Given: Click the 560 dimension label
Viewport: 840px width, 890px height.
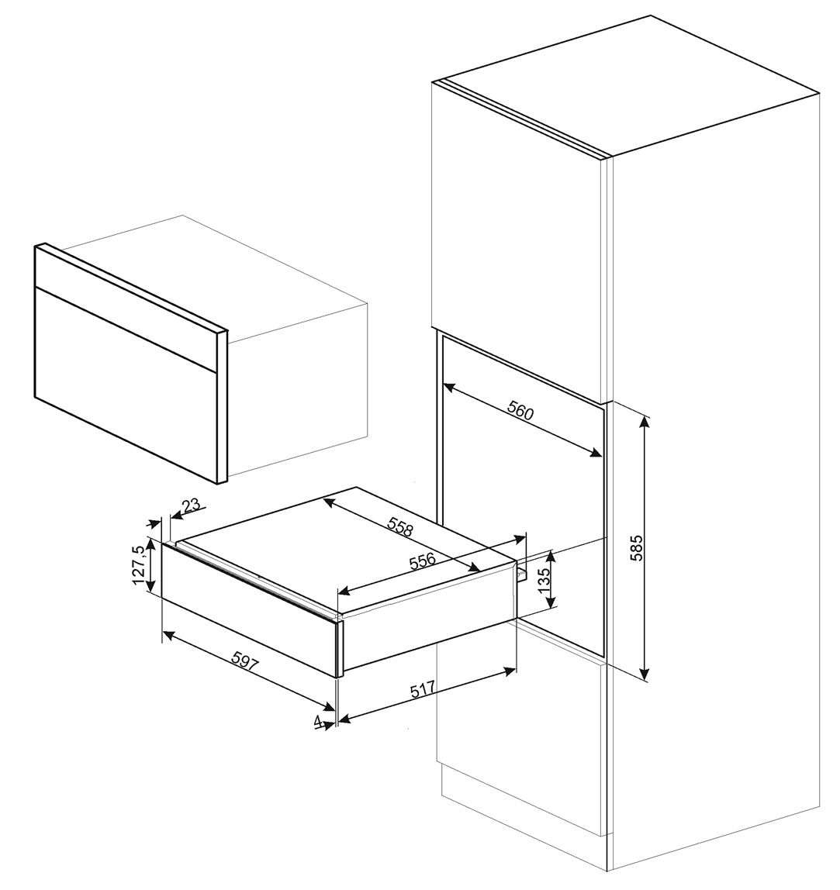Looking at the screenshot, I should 521,411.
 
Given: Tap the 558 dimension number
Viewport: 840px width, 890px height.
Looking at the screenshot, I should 399,527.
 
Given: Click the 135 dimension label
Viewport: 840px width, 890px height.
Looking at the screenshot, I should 544,579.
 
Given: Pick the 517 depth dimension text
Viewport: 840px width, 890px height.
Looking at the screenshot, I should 424,689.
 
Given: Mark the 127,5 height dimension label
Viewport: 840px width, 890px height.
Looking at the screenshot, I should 139,564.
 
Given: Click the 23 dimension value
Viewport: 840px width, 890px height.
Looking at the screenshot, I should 191,505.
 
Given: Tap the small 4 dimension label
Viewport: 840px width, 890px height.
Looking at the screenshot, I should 318,720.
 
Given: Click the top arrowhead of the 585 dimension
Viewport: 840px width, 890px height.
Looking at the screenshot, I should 645,420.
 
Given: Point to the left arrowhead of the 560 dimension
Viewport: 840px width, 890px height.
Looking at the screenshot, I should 448,385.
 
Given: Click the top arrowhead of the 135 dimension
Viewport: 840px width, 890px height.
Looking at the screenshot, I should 550,555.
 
